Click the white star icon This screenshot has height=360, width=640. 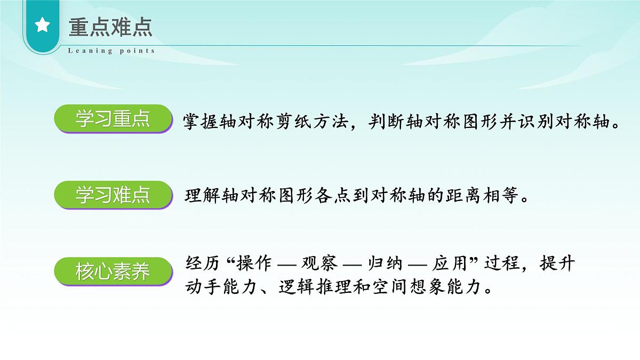click(x=42, y=26)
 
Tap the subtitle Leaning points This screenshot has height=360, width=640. click(x=111, y=51)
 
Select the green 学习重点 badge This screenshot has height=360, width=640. click(x=113, y=119)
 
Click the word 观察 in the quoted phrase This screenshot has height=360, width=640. click(x=318, y=263)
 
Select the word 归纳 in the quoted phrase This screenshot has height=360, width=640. click(x=382, y=263)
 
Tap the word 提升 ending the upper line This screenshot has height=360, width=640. click(x=557, y=263)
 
